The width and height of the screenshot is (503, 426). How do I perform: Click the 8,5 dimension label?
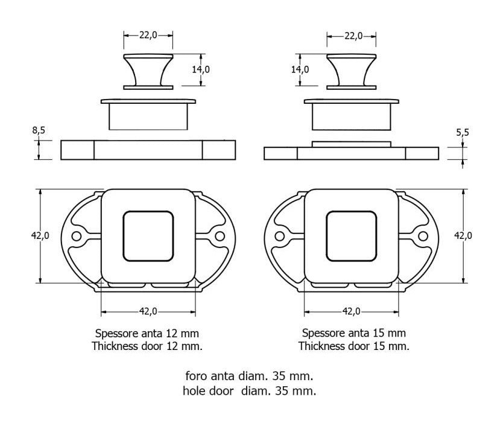click(39, 130)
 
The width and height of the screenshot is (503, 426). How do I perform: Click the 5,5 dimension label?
click(463, 132)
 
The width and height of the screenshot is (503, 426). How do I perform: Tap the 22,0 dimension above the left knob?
click(148, 35)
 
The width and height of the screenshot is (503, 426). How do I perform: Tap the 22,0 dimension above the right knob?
click(353, 36)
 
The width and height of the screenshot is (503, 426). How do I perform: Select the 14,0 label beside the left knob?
click(201, 69)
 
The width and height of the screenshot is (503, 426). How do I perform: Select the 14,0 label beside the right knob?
click(300, 69)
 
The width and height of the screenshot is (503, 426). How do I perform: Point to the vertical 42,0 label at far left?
click(40, 236)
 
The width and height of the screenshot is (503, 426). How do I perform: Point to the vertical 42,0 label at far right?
click(463, 236)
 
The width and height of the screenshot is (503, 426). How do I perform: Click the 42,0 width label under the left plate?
click(148, 311)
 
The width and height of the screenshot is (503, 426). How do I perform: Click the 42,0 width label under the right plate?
click(352, 311)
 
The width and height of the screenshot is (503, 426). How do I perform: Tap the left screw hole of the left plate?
click(77, 237)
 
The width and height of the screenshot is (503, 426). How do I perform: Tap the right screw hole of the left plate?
click(220, 237)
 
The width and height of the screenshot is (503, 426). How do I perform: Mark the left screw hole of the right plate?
click(280, 237)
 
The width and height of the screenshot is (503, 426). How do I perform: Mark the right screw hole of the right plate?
click(423, 237)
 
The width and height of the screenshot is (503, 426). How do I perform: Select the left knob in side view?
click(148, 72)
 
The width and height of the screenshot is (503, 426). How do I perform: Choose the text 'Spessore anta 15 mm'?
click(354, 333)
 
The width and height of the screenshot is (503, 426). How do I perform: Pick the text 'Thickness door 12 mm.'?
click(147, 346)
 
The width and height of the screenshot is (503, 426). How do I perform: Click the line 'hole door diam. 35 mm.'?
click(249, 391)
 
